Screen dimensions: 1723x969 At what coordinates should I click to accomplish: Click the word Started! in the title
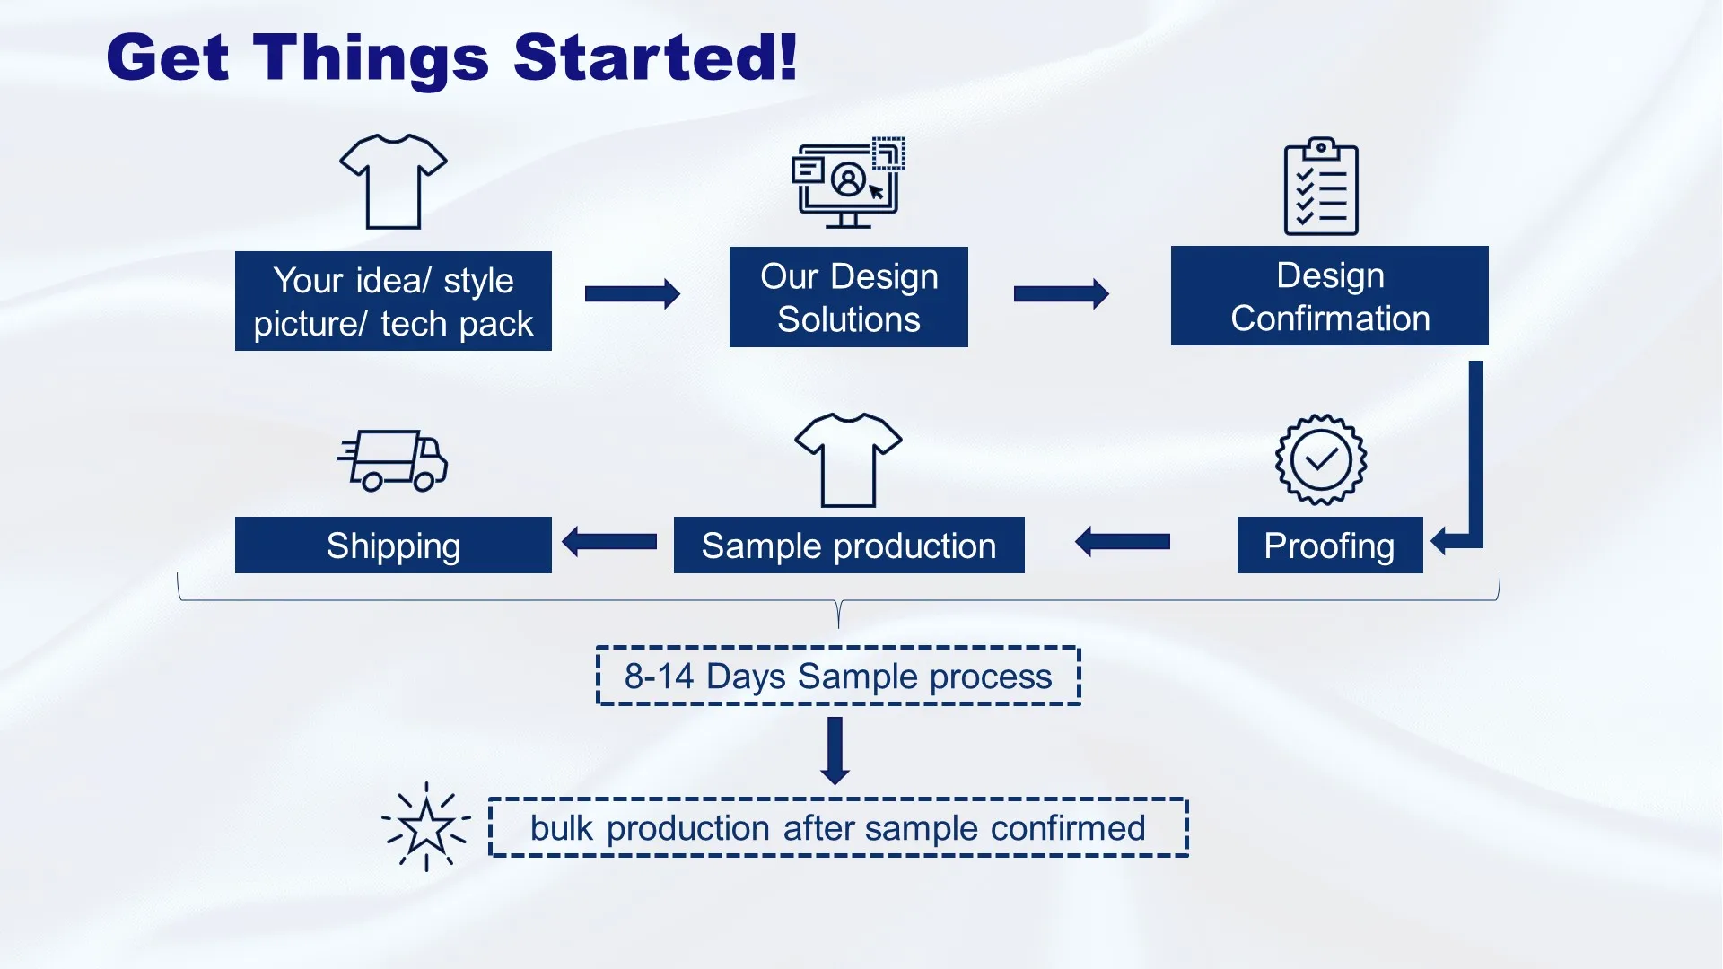[655, 57]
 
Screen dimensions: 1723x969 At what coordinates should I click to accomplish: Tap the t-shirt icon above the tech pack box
[393, 181]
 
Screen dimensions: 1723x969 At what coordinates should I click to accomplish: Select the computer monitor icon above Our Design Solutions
[847, 183]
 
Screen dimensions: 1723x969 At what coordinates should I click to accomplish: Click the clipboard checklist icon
[1321, 188]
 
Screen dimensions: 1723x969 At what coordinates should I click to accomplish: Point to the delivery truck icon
[393, 460]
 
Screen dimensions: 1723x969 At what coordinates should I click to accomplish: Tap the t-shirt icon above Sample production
[848, 459]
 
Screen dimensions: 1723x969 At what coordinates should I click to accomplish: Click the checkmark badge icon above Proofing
[1321, 459]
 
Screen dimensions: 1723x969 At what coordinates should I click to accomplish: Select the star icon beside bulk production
[426, 827]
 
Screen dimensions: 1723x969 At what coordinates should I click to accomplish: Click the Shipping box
[393, 546]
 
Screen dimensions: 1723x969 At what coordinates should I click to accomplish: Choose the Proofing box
[1329, 546]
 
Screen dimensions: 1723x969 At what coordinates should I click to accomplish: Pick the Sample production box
[848, 546]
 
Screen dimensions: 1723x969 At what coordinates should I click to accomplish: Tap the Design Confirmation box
[1329, 296]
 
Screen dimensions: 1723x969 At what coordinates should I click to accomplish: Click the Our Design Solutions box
[848, 297]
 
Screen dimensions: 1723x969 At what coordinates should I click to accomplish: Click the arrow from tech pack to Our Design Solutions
[632, 293]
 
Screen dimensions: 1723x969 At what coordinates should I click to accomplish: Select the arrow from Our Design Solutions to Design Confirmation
[1061, 293]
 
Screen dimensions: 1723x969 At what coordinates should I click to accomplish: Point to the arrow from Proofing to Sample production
[1123, 542]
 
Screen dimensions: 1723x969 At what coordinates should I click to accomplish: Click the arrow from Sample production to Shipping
[609, 542]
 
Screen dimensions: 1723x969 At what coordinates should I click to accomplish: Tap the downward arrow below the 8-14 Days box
[835, 750]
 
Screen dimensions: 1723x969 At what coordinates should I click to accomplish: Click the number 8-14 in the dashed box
[660, 677]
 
